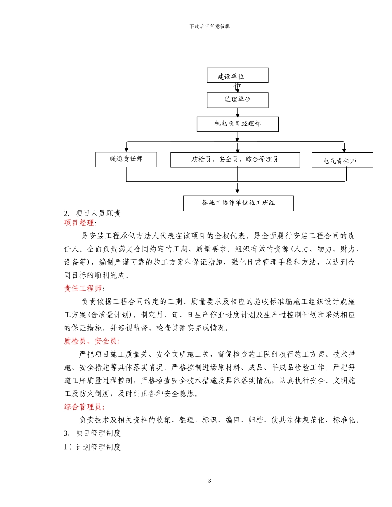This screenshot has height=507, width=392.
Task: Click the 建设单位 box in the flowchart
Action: coord(237,75)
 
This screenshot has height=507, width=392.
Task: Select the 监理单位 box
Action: coord(237,100)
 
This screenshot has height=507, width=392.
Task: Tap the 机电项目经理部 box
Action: coord(237,124)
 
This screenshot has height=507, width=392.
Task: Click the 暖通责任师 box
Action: coord(126,159)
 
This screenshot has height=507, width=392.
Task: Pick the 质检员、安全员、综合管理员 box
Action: coord(235,160)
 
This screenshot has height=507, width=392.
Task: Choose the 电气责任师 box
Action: coord(342,160)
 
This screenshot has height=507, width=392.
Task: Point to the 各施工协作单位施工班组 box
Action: coord(238,203)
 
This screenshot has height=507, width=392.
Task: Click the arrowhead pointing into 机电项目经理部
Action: coord(238,115)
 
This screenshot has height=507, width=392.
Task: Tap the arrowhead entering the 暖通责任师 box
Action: coord(126,150)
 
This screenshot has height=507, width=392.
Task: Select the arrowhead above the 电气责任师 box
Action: coord(344,150)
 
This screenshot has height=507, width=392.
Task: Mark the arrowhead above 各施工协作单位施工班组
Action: coord(237,190)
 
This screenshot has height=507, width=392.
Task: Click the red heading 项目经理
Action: coord(79,223)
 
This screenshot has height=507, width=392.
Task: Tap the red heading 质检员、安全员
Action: coord(91,341)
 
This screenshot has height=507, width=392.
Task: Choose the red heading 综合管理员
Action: coord(83,407)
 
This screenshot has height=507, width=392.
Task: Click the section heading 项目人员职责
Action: coord(98,214)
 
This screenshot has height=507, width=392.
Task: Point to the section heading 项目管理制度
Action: coord(98,433)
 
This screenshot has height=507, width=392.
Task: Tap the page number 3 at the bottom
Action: coord(210,481)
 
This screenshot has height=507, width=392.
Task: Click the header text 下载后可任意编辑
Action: coord(210,26)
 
